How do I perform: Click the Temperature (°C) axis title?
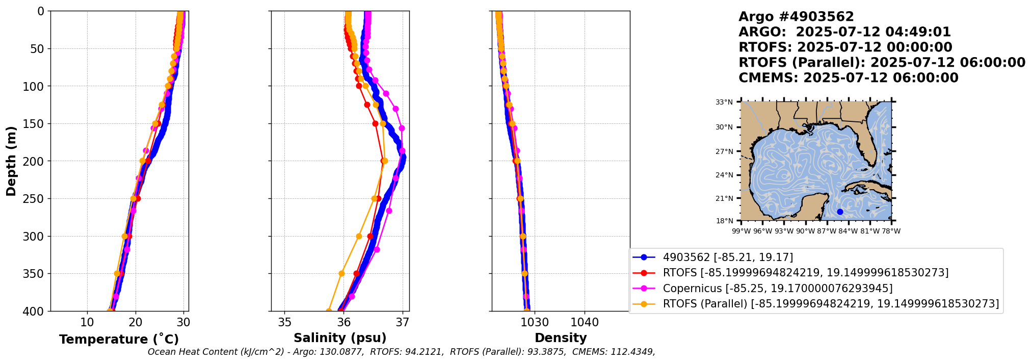pos(119,340)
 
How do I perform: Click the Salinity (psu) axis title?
pos(340,338)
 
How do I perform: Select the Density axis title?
pos(561,338)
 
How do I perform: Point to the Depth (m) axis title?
pos(11,161)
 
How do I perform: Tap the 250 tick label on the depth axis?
pos(35,199)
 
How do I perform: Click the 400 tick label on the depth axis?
pos(35,311)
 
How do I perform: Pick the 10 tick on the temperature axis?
pos(87,322)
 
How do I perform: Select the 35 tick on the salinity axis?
pos(284,322)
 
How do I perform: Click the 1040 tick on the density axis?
pos(584,322)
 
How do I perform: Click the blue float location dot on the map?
pos(840,212)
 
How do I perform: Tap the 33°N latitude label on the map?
pos(724,102)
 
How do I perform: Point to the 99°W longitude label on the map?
pos(741,231)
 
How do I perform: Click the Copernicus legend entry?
pos(777,289)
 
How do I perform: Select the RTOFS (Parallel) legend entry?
pos(831,304)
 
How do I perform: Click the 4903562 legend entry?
pos(728,257)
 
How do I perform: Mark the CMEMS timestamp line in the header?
pos(849,78)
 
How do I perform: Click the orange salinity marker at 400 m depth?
pos(329,310)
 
